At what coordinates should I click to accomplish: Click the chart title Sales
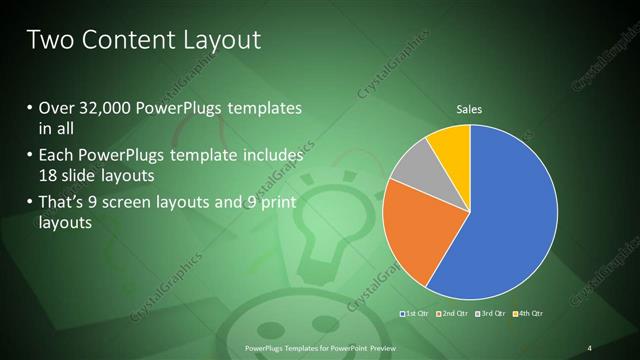[470, 108]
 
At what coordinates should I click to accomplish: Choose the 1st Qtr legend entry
[415, 315]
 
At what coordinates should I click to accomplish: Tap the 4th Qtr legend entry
[529, 315]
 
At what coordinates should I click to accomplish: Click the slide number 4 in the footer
[590, 348]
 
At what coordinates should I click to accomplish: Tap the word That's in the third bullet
[61, 203]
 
